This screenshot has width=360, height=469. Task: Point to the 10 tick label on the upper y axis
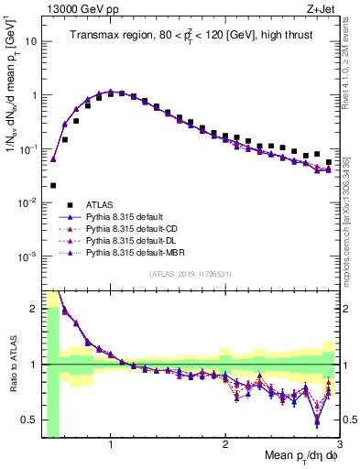pos(30,41)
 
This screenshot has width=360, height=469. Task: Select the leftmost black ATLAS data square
pos(53,185)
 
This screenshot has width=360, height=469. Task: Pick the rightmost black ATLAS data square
pos(329,162)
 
